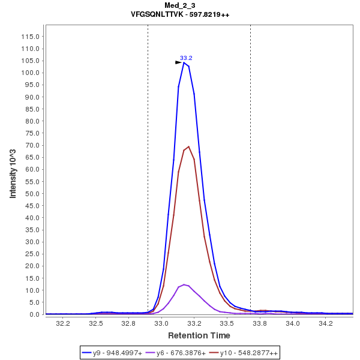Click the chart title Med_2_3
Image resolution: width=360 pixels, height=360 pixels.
point(180,5)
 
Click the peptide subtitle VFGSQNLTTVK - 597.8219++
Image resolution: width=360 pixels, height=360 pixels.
point(180,14)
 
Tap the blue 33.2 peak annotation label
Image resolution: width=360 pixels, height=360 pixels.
point(186,58)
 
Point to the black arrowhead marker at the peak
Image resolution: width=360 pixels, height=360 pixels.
point(178,62)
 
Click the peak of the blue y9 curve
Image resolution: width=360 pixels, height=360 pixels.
point(184,62)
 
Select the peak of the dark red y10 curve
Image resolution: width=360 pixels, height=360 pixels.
point(189,146)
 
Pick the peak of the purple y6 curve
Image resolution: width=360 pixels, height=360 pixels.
point(184,284)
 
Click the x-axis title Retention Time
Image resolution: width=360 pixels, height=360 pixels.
point(199,335)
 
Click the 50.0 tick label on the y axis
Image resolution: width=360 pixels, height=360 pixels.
point(32,194)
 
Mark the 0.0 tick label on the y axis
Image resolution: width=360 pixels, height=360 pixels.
point(35,314)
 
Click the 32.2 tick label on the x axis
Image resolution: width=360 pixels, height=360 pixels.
point(62,323)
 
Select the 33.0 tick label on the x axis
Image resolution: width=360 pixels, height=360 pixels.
point(161,323)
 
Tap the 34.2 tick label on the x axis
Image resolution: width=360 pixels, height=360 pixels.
point(326,323)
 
